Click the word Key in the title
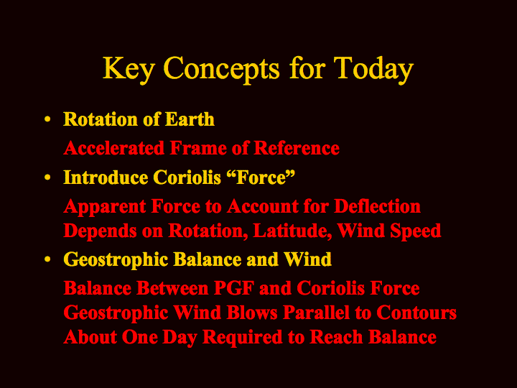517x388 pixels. [x=128, y=70]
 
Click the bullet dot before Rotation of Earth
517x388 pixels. [x=47, y=119]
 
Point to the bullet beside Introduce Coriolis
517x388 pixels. [x=47, y=177]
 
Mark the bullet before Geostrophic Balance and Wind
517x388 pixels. [x=47, y=259]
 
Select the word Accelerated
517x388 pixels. [x=113, y=148]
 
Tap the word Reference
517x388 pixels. [x=297, y=148]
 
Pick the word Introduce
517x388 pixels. [x=106, y=177]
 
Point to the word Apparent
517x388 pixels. [x=105, y=207]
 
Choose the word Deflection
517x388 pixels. [x=377, y=206]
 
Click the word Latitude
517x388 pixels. [x=292, y=231]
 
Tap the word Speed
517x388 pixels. [x=416, y=231]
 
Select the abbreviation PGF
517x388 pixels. [x=234, y=288]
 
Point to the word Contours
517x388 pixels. [x=416, y=313]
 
